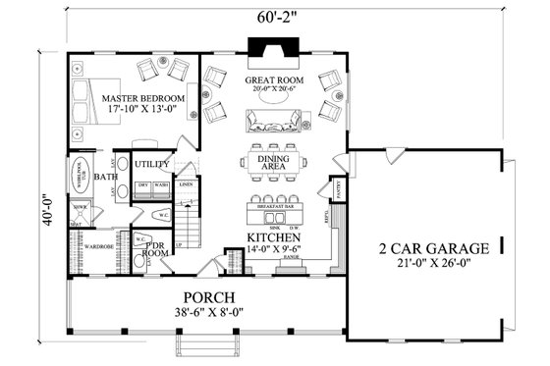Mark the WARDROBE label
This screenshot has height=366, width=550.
click(x=99, y=246)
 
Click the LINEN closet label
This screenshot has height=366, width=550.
click(x=187, y=183)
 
